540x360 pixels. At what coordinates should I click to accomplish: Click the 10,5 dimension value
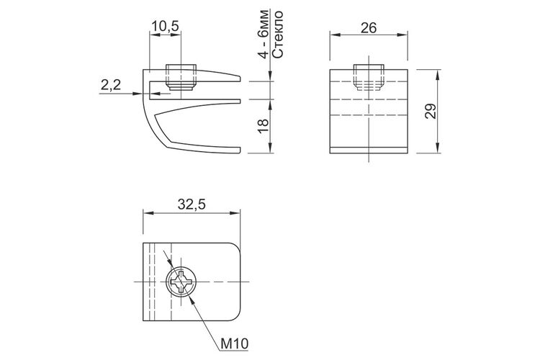166,27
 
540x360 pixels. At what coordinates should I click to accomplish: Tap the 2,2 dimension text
111,84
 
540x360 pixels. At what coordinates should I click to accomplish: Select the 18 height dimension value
263,126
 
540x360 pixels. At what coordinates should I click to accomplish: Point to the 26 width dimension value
369,28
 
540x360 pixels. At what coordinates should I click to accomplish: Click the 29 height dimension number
430,112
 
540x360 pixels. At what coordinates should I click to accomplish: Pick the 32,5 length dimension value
192,204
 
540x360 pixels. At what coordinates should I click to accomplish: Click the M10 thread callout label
234,343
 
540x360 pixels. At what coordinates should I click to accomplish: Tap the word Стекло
277,34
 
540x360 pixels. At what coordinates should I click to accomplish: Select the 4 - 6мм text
263,34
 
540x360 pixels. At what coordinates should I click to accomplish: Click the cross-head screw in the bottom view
181,282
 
